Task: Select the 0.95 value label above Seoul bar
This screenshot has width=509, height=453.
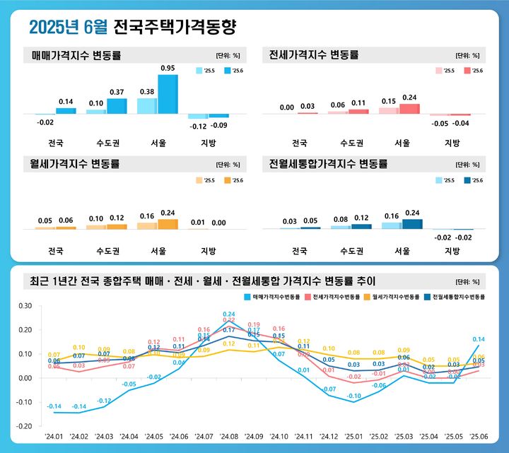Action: click(168, 68)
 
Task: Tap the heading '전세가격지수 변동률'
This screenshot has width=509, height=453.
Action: click(314, 54)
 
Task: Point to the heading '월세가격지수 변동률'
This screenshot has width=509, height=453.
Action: click(76, 164)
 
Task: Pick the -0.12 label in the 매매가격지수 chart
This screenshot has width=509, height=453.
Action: click(197, 126)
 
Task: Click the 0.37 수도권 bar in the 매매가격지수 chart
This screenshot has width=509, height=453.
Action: click(117, 106)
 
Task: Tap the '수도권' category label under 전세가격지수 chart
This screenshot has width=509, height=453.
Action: click(351, 143)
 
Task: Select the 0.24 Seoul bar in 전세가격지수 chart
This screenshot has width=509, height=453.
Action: click(409, 109)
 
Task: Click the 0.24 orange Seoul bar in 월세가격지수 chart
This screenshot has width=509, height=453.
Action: click(168, 224)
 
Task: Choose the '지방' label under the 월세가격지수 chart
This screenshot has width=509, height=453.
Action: click(209, 251)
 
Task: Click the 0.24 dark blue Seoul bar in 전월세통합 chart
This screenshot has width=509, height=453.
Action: click(412, 224)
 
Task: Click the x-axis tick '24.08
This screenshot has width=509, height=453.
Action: click(228, 436)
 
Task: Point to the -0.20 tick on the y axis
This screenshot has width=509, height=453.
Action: click(25, 426)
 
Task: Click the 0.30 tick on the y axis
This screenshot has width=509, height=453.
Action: click(25, 306)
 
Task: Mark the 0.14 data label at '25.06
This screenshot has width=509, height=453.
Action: click(478, 339)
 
